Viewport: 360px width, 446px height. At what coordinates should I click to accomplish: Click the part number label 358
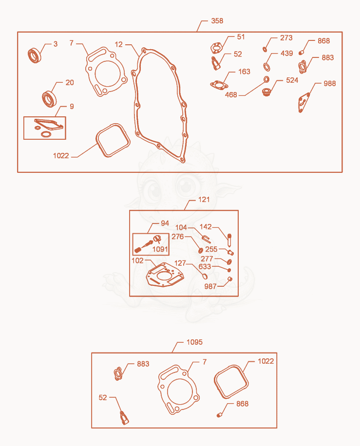pyautogui.click(x=217, y=21)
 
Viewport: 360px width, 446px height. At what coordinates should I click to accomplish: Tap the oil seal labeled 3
pyautogui.click(x=35, y=56)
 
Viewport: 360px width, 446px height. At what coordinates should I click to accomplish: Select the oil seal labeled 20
pyautogui.click(x=49, y=99)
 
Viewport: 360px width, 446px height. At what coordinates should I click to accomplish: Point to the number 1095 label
pyautogui.click(x=194, y=342)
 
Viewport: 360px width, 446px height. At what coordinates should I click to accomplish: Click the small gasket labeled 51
pyautogui.click(x=217, y=48)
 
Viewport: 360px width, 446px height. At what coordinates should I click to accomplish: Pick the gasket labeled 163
pyautogui.click(x=219, y=85)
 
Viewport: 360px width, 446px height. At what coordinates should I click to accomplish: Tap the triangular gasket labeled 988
pyautogui.click(x=303, y=102)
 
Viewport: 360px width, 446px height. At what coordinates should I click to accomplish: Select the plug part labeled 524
pyautogui.click(x=266, y=93)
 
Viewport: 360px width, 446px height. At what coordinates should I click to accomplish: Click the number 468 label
pyautogui.click(x=231, y=95)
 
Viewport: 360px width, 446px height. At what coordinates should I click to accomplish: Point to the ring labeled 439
pyautogui.click(x=266, y=67)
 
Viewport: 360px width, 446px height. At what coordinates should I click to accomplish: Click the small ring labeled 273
pyautogui.click(x=265, y=49)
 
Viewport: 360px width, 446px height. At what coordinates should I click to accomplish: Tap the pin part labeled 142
pyautogui.click(x=229, y=240)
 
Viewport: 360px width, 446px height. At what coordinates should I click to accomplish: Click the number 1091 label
pyautogui.click(x=160, y=249)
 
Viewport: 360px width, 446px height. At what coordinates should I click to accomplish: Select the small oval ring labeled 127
pyautogui.click(x=205, y=276)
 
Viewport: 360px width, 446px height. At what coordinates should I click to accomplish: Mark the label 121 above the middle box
pyautogui.click(x=204, y=200)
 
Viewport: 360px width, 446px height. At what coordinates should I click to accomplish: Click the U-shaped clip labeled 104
pyautogui.click(x=206, y=239)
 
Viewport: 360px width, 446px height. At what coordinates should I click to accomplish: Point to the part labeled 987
pyautogui.click(x=230, y=279)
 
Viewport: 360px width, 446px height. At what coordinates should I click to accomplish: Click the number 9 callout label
pyautogui.click(x=72, y=106)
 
